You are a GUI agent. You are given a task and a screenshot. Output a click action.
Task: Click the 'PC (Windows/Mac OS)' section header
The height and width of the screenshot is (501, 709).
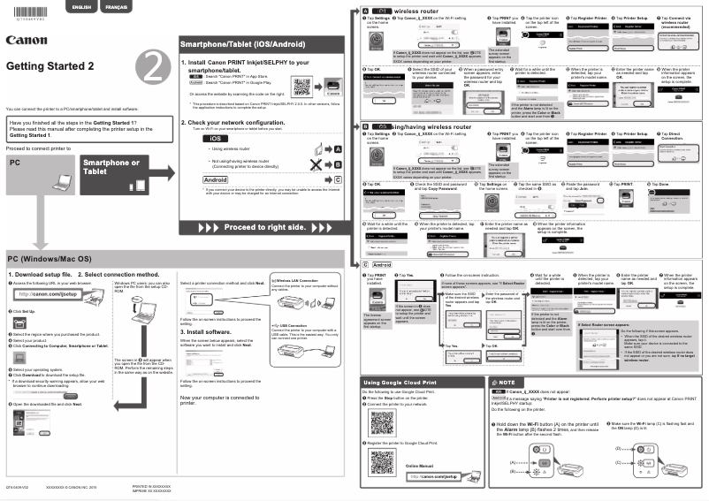50,259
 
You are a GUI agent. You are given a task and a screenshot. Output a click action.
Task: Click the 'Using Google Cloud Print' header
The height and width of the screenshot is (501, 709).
400,382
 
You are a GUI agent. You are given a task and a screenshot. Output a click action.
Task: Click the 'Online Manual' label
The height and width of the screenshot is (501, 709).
422,465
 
